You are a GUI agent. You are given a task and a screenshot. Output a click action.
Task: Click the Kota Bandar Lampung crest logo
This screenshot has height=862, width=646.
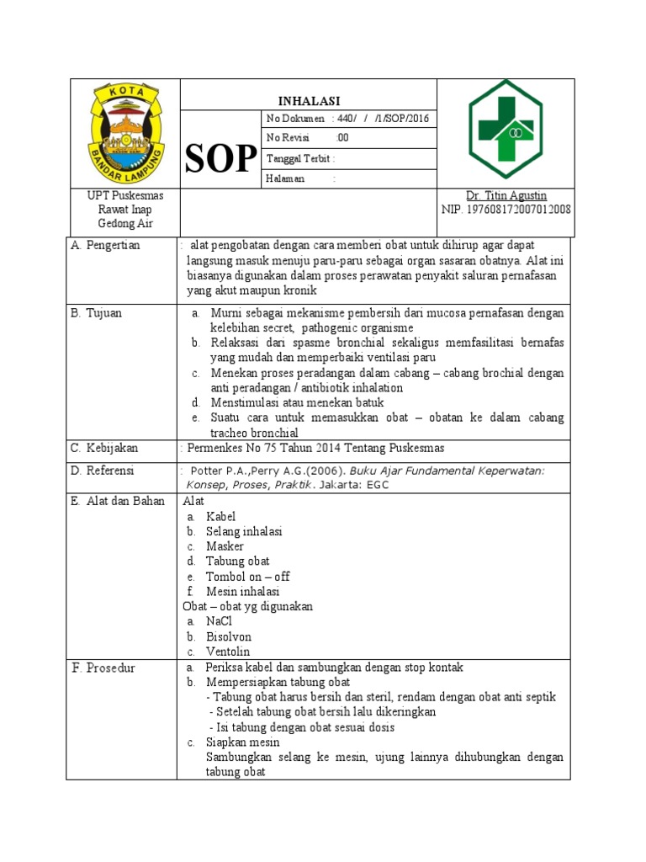(x=124, y=132)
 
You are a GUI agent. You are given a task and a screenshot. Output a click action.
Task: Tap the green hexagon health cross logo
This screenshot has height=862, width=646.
(x=506, y=131)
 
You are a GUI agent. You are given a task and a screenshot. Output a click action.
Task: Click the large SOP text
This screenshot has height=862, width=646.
(x=220, y=158)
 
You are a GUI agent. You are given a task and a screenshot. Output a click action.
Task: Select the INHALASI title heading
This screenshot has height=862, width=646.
(x=309, y=100)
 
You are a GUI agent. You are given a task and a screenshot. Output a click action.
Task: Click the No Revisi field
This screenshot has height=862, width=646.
(x=308, y=138)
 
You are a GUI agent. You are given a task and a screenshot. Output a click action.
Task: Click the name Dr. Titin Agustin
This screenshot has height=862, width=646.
(x=506, y=195)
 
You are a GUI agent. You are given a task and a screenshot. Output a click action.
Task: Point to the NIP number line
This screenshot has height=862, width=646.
(x=506, y=210)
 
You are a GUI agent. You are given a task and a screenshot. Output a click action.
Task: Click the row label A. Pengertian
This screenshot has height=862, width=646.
(x=106, y=245)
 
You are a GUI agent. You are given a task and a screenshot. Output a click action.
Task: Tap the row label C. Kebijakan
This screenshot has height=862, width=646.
(x=104, y=448)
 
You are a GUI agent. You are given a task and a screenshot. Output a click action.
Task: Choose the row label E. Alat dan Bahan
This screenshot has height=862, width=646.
(x=119, y=501)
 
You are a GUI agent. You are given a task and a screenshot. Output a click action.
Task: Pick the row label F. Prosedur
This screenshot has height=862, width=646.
(x=103, y=668)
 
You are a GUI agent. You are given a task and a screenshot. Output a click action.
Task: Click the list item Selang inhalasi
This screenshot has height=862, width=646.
(x=244, y=531)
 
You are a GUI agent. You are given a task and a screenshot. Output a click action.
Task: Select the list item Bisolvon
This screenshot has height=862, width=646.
(x=229, y=636)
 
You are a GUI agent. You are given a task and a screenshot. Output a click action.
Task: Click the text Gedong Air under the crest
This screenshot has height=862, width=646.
(x=124, y=224)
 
